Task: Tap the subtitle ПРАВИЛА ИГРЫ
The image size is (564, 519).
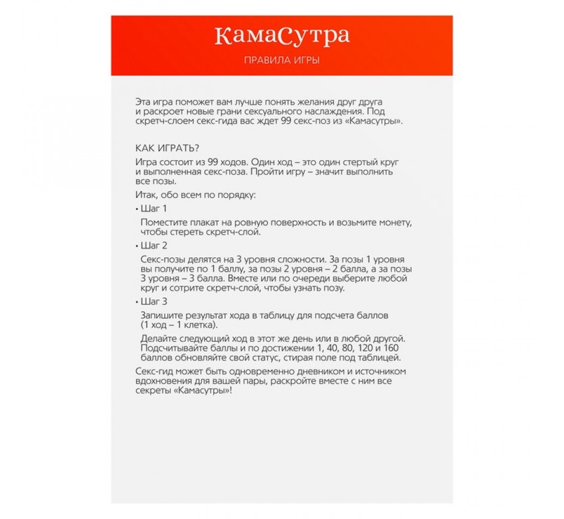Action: coord(282,60)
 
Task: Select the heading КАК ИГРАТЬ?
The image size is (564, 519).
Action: coord(168,148)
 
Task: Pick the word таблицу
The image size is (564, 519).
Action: coord(282,315)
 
